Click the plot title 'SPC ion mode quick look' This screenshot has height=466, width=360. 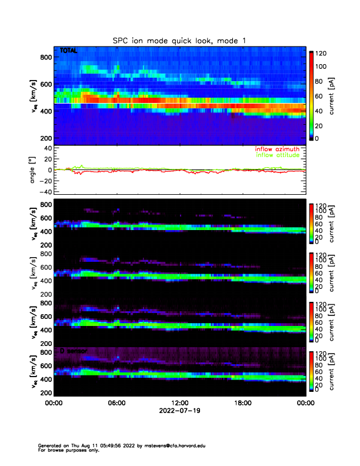tap(179, 40)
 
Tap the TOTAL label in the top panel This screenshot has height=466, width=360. tap(69, 51)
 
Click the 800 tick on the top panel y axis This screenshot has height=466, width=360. tap(45, 56)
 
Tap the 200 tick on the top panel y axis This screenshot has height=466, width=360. tap(45, 138)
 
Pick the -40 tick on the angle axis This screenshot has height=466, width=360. tap(43, 192)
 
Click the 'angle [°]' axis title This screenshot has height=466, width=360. tap(34, 170)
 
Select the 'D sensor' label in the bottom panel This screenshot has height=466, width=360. tap(74, 351)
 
